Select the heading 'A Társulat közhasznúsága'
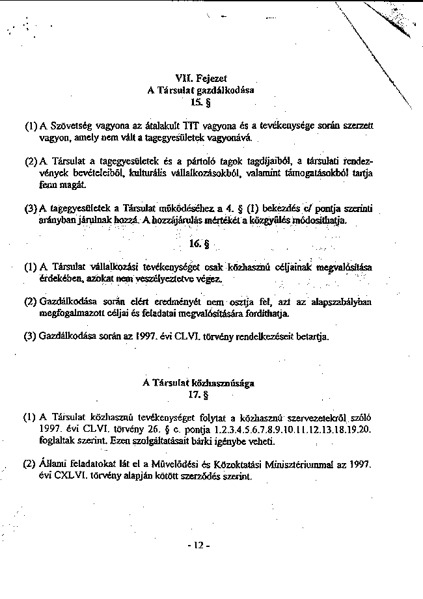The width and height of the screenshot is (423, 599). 198,383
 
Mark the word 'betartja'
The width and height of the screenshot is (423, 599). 314,337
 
